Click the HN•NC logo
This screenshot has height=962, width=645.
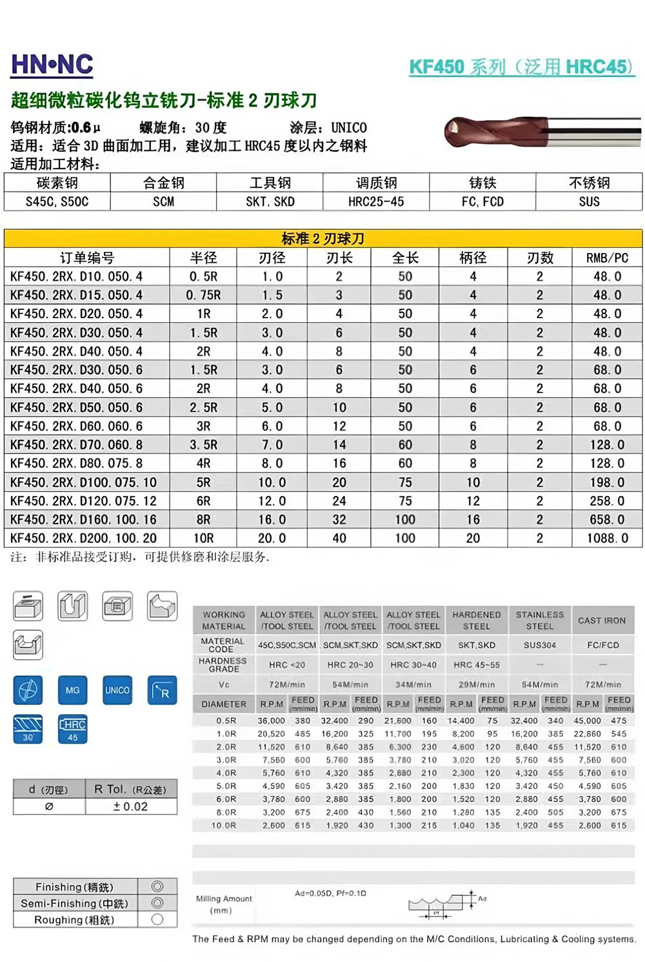point(52,65)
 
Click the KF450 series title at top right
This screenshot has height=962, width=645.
point(521,67)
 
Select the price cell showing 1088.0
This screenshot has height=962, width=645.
point(607,538)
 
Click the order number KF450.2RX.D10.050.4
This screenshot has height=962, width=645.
point(77,276)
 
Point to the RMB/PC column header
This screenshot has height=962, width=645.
point(607,258)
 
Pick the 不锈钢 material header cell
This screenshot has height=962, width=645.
point(589,183)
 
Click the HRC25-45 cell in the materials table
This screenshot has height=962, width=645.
point(376,201)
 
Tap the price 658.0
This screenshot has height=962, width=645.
point(607,519)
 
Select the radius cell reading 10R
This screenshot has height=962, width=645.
point(203,538)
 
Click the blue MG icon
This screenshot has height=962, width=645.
point(72,690)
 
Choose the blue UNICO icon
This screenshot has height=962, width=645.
point(117,690)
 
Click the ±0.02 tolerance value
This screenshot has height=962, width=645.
point(131,806)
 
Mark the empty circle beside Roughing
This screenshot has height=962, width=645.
point(157,919)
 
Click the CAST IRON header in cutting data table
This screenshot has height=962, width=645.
point(602,620)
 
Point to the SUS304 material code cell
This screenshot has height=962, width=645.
point(540,645)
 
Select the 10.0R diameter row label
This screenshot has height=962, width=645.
point(224,825)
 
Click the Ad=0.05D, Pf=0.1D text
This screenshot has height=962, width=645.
point(330,894)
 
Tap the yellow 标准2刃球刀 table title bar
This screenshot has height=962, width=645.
point(322,239)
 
